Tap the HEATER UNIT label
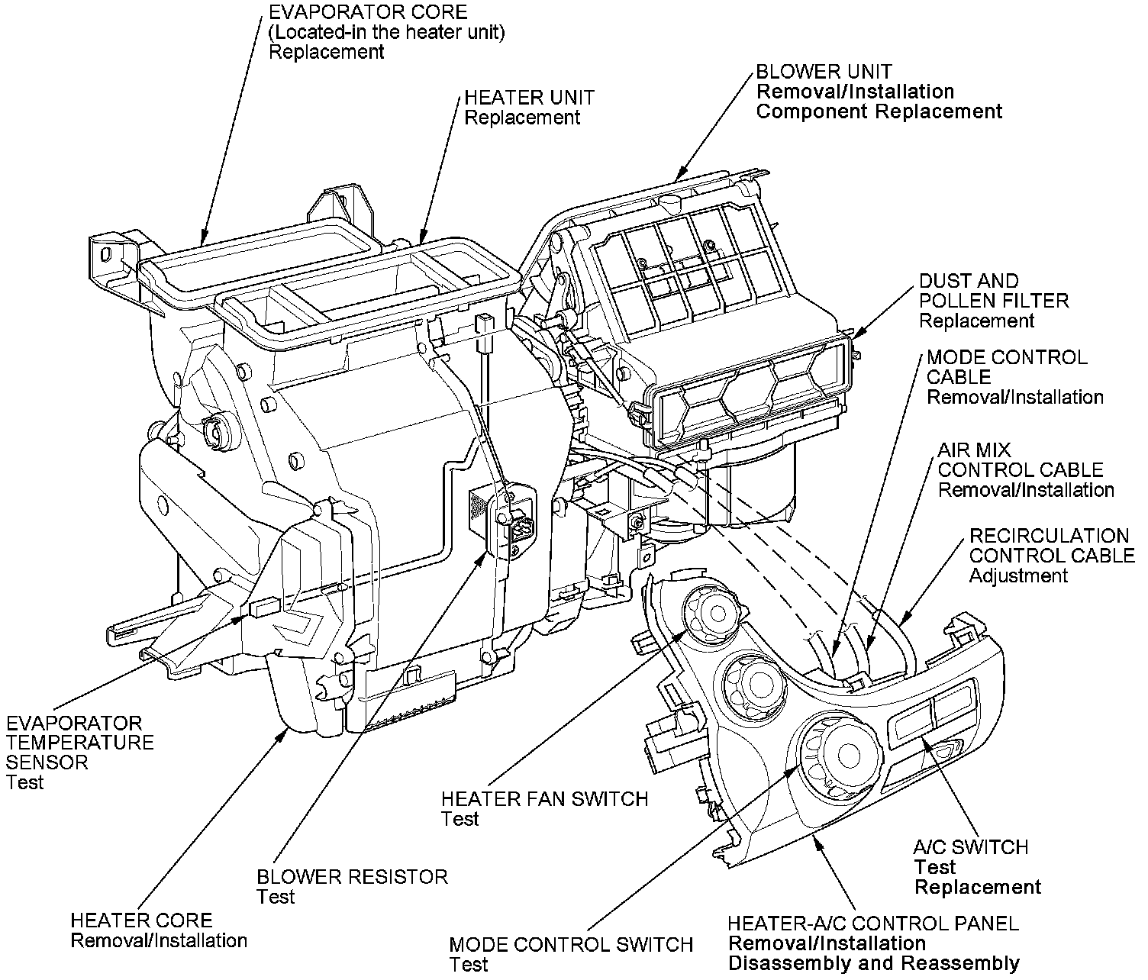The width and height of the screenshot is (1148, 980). click(x=529, y=98)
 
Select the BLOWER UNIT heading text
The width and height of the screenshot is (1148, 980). click(x=824, y=73)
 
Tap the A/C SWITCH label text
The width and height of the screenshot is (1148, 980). click(x=970, y=847)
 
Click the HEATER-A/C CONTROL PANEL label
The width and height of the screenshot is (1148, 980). click(x=872, y=924)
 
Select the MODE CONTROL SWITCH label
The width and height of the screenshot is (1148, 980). click(x=571, y=945)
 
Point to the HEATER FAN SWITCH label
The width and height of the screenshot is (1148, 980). click(x=544, y=799)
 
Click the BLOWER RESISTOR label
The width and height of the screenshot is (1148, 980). click(x=352, y=877)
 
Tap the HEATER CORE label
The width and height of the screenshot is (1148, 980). click(x=141, y=920)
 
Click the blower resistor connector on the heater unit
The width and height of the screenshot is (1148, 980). click(x=521, y=528)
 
